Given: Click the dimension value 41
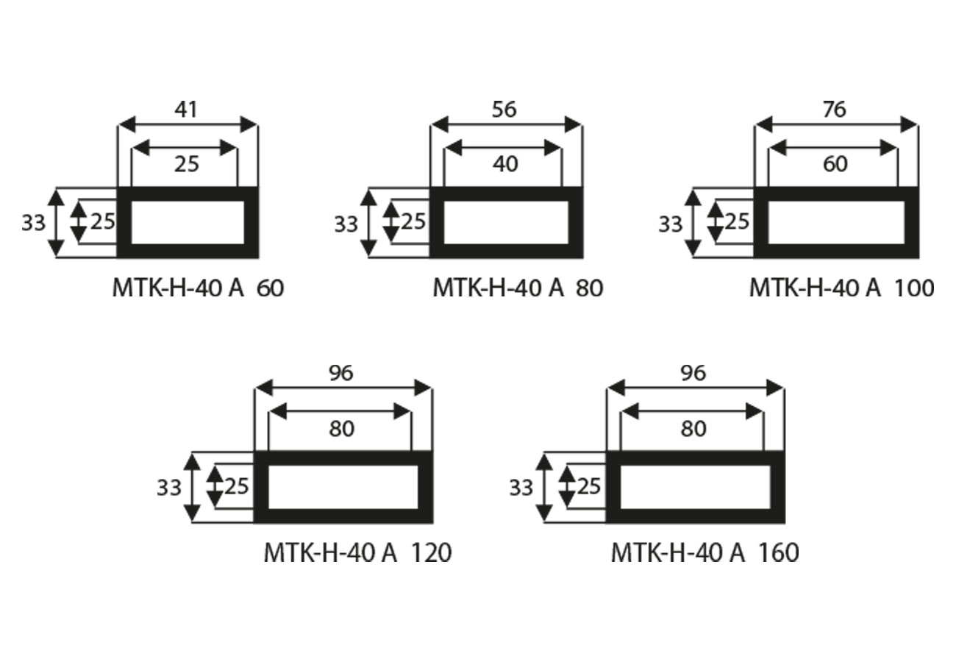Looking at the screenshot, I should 187,110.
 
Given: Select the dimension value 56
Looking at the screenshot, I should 505,109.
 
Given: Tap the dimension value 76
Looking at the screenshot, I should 835,109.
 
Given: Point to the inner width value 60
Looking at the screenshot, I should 835,164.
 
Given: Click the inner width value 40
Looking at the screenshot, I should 504,164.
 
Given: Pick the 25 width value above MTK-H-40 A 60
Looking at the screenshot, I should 187,164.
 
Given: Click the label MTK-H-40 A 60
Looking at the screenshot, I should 198,288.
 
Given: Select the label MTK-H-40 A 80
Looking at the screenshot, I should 518,288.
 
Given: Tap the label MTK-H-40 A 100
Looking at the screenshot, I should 841,288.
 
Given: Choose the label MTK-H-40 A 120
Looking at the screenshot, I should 357,552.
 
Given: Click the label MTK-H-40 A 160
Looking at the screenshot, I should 704,552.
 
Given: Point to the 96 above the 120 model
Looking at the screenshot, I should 341,373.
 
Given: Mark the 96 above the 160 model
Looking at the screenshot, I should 693,373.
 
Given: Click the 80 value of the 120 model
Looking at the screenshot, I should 341,428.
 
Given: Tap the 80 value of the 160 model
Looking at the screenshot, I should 693,428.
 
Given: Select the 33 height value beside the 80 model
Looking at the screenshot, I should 346,224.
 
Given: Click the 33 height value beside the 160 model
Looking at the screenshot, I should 521,487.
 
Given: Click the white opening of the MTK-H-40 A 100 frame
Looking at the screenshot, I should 836,221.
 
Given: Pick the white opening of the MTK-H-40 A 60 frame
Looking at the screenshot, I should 188,221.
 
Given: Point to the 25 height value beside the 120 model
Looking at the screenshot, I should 237,486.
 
